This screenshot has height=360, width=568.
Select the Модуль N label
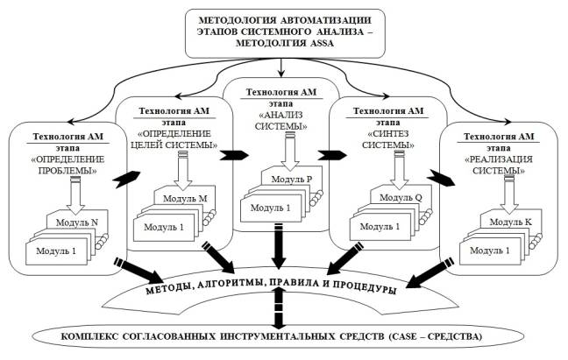77,222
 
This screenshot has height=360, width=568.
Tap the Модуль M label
185,198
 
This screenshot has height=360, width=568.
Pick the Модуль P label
292,179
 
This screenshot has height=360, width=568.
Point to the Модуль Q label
401,198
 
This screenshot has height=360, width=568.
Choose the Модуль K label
511,222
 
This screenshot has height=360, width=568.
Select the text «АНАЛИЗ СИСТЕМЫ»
281,121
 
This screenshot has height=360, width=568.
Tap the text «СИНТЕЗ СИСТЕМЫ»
388,139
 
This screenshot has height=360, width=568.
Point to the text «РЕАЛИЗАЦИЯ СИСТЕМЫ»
499,165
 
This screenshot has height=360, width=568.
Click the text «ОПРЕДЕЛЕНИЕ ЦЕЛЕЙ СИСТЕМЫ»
174,139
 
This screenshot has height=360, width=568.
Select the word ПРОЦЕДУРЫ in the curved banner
365,287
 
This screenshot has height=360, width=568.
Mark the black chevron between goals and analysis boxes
234,155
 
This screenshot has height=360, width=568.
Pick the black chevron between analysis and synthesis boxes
332,155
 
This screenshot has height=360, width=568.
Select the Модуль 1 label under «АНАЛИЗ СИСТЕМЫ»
270,208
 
